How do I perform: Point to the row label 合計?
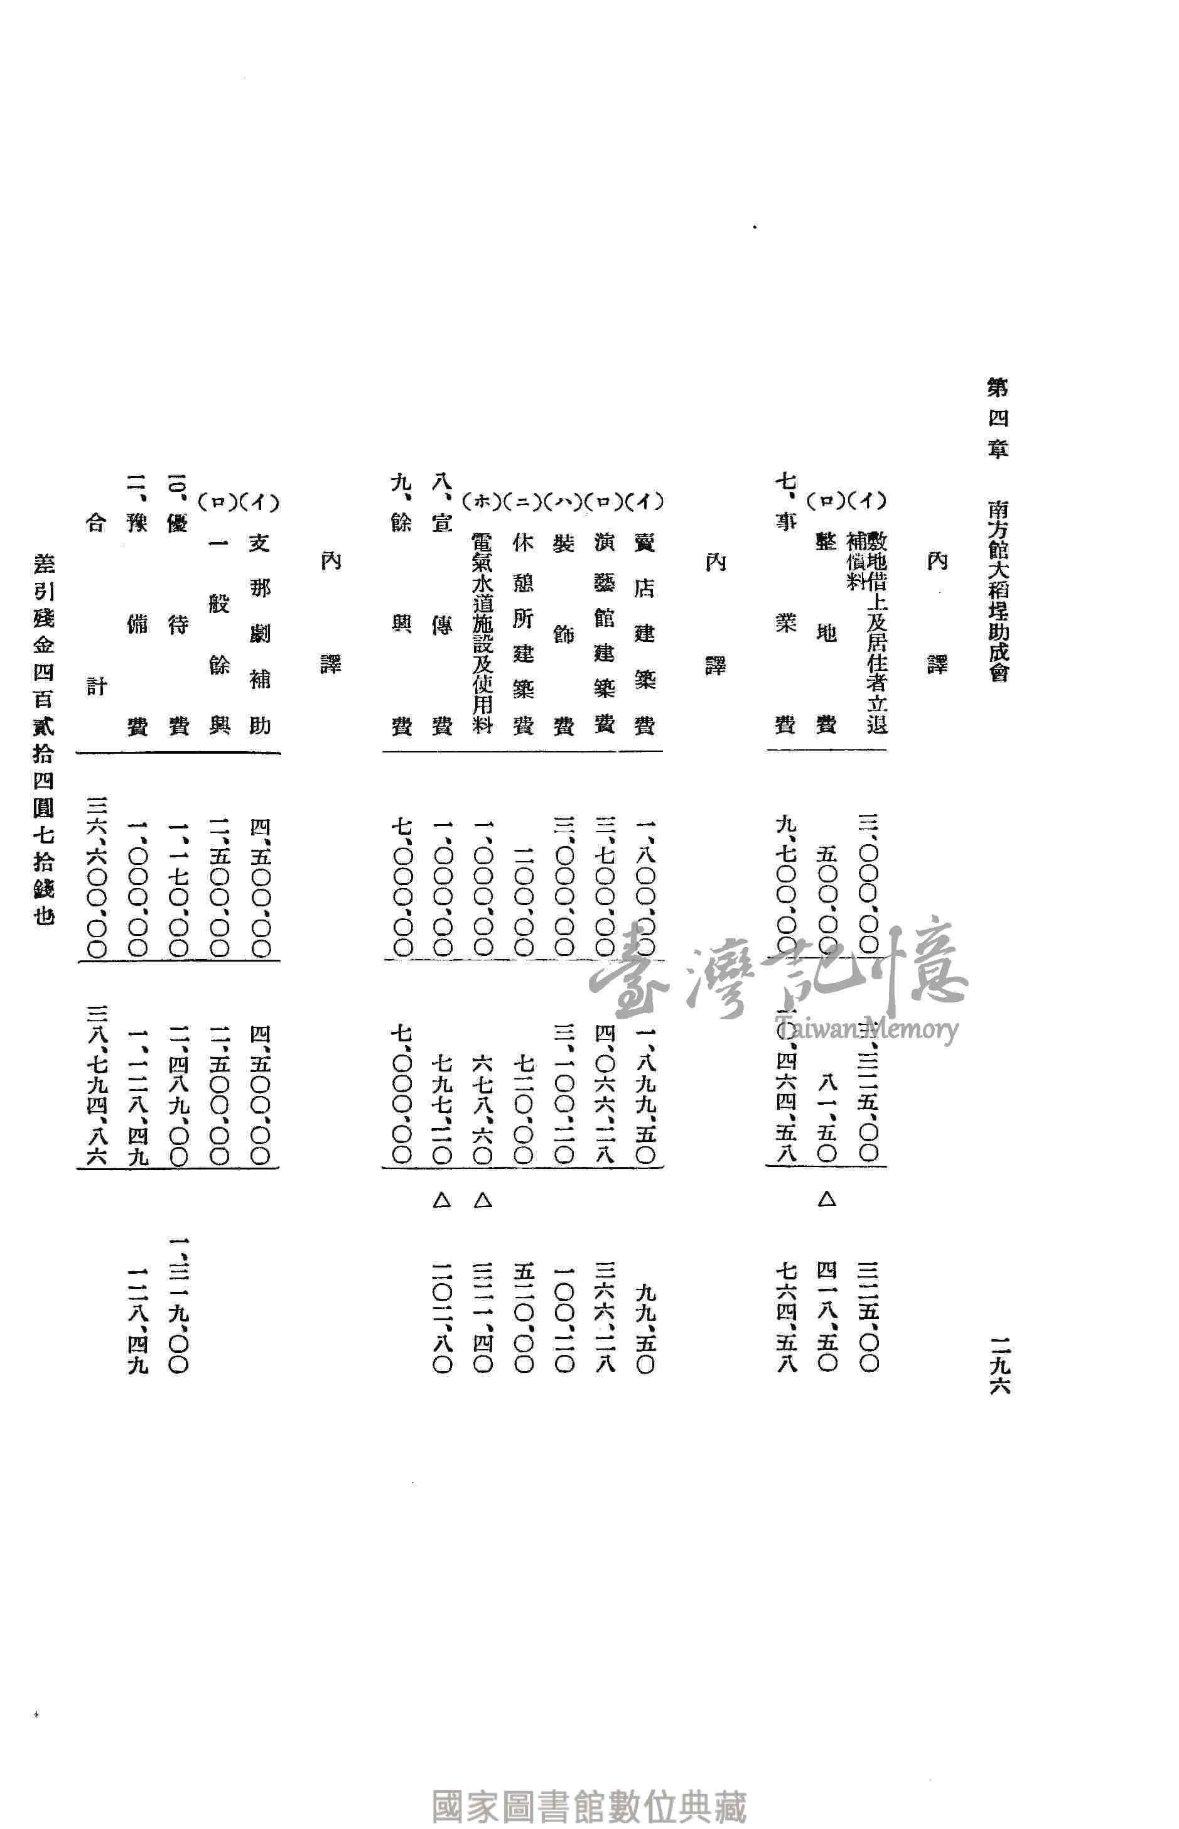click(x=95, y=605)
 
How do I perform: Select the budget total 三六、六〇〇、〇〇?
click(x=97, y=877)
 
